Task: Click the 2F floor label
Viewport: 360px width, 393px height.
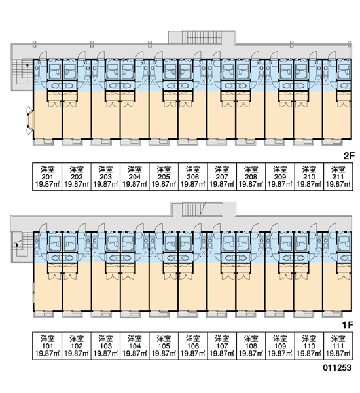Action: [349, 156]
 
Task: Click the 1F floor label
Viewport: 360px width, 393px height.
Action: [348, 325]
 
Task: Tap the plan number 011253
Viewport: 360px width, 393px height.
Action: [337, 367]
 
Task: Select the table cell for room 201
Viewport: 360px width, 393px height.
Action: [47, 177]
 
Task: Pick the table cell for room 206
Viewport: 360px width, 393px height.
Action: [192, 177]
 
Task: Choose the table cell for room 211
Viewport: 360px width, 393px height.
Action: [338, 177]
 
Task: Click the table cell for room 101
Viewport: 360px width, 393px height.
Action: [47, 346]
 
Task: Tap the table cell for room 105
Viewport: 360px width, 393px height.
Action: [164, 346]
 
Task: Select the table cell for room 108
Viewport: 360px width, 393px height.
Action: [251, 346]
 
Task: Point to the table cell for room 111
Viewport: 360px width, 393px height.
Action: [338, 346]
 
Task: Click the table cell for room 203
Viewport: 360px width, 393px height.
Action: [105, 177]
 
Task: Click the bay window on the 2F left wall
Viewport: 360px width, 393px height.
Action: [30, 119]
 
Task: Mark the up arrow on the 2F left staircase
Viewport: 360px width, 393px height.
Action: [27, 68]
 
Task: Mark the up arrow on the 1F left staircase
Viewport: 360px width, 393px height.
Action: [17, 246]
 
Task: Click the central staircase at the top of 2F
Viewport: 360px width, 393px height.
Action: [202, 37]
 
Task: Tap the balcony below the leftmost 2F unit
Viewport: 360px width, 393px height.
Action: [43, 142]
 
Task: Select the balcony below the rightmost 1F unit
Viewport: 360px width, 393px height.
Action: [333, 314]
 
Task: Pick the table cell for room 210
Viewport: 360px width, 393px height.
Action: [309, 177]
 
